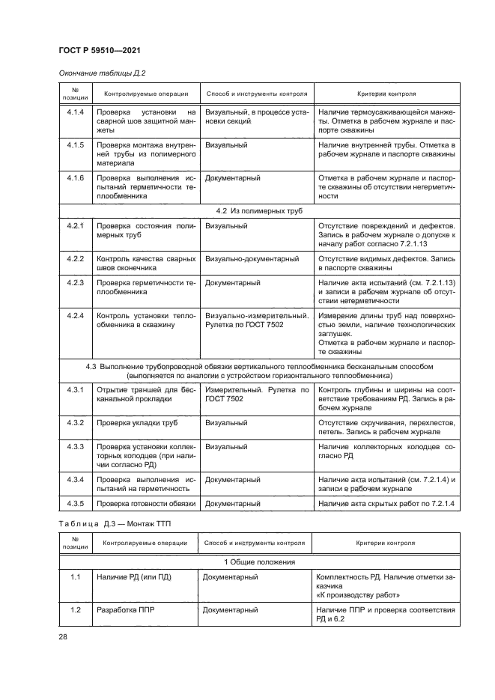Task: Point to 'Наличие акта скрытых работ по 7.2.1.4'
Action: (x=386, y=502)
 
